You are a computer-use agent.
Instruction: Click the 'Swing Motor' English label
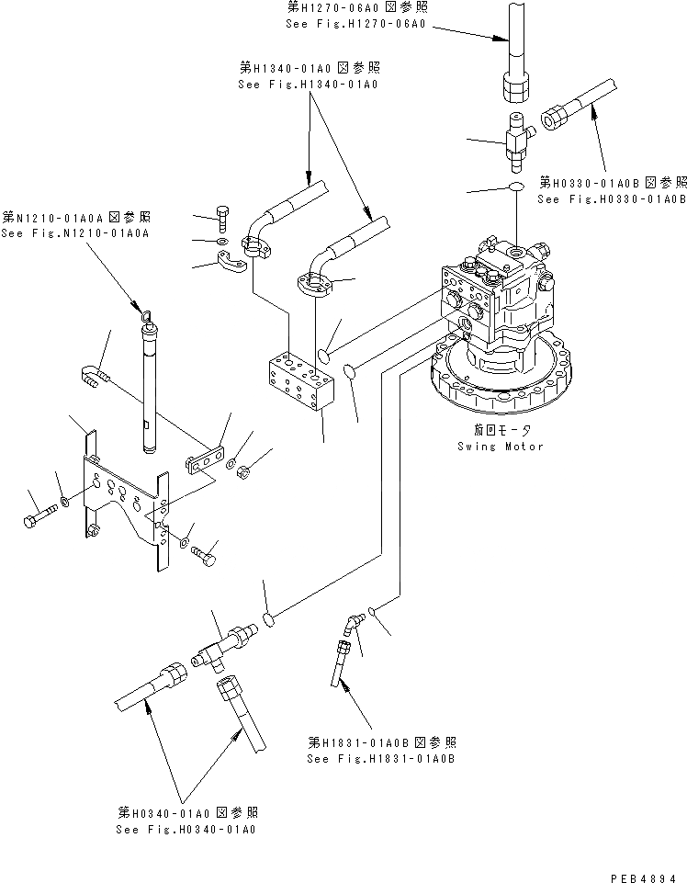(501, 447)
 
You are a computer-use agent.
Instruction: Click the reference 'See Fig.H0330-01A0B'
(612, 199)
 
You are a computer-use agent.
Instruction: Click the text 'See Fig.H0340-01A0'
(186, 829)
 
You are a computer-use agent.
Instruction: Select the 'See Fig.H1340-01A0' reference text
(308, 84)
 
